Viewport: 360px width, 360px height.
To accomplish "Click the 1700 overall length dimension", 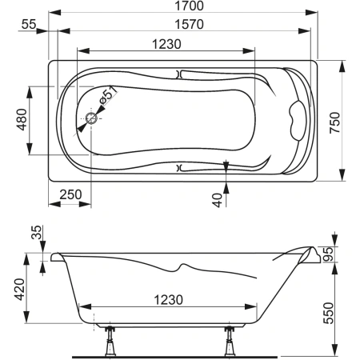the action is [189, 6].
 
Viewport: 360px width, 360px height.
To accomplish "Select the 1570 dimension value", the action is [189, 24].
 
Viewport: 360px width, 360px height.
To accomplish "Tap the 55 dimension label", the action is [29, 25].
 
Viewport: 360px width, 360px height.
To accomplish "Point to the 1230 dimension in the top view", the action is [166, 44].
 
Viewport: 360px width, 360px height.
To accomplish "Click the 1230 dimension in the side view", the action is [169, 300].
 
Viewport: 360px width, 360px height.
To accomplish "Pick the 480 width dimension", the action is [22, 119].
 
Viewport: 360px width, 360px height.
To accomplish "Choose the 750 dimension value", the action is [335, 122].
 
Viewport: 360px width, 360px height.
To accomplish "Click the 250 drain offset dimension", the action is [70, 194].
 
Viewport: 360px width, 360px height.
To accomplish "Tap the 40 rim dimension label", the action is [218, 200].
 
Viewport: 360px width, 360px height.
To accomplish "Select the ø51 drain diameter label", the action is [107, 95].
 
